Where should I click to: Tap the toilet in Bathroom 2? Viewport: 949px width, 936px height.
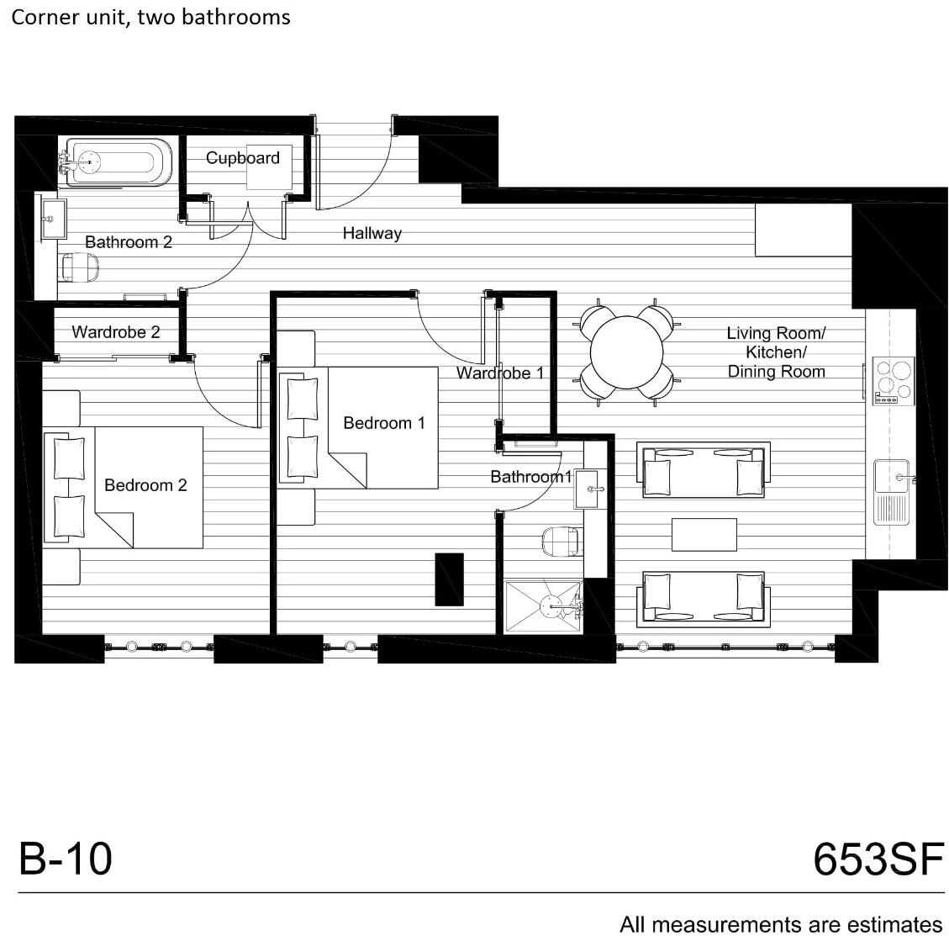(x=80, y=267)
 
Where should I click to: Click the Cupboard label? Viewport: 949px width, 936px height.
(x=243, y=158)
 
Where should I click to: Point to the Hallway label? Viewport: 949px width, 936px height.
(x=372, y=233)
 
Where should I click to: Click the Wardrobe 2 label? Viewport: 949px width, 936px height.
(x=116, y=332)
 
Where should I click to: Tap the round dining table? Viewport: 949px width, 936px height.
(x=627, y=352)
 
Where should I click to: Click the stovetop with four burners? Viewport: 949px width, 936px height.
(x=893, y=381)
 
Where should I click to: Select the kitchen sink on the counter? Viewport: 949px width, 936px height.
(x=893, y=492)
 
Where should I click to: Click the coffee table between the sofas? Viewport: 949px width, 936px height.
(x=704, y=534)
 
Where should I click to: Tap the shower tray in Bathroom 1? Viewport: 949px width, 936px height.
(x=544, y=607)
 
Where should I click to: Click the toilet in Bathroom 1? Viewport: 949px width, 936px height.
(x=561, y=541)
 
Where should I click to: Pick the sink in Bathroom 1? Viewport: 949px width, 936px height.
(x=587, y=489)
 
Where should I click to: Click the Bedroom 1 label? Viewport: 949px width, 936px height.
(x=383, y=423)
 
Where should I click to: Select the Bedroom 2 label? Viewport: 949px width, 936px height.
(x=145, y=485)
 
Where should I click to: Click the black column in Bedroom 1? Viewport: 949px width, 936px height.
(x=449, y=579)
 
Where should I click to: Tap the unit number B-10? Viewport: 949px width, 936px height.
(x=66, y=858)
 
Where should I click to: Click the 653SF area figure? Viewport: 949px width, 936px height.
(x=878, y=859)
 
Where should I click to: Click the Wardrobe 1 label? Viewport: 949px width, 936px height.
(x=500, y=373)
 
